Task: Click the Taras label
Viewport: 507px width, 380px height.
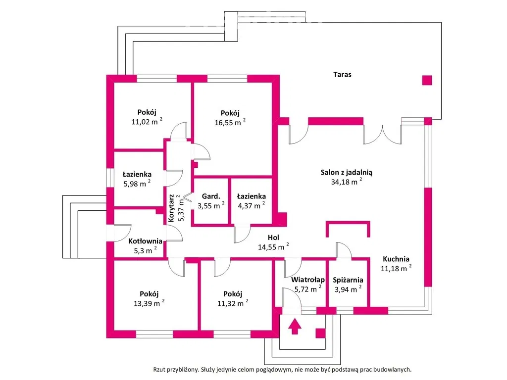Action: tap(342, 75)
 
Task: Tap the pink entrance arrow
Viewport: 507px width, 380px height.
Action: tap(295, 327)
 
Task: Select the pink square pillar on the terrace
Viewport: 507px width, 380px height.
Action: tap(426, 80)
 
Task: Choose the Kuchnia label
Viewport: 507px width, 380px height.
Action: tap(396, 258)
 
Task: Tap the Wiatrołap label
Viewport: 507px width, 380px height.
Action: tap(307, 280)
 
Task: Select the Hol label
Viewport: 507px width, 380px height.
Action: tap(273, 237)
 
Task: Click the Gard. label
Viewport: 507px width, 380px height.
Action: tap(211, 196)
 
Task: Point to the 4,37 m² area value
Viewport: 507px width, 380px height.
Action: tap(251, 206)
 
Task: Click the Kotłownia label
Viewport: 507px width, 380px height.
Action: tap(145, 241)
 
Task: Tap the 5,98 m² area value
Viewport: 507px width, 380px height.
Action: tap(136, 184)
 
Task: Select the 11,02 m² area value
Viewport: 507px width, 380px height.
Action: tap(147, 122)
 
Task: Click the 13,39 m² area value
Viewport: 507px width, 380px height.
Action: tap(149, 303)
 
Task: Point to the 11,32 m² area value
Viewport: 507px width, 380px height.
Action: tap(233, 303)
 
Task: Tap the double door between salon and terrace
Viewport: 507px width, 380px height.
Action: tap(382, 135)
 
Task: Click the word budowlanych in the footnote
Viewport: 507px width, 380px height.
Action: tap(394, 369)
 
